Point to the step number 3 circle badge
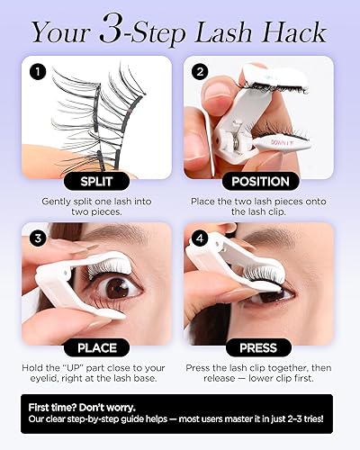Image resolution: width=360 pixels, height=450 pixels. coord(35,237)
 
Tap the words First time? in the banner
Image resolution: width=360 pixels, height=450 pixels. coord(57,407)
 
